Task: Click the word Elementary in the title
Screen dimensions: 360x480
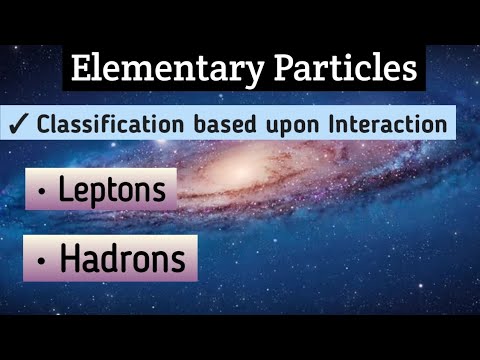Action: tap(155, 69)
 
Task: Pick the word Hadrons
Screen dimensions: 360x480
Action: tap(123, 259)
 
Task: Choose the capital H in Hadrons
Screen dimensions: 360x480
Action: tap(71, 259)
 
